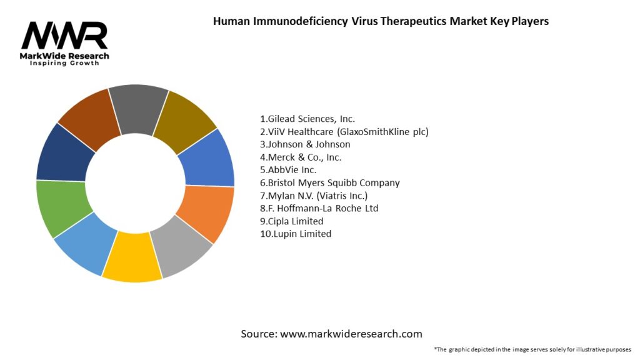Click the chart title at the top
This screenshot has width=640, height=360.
(381, 21)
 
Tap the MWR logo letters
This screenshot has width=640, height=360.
(64, 36)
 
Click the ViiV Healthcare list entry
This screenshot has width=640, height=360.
(344, 131)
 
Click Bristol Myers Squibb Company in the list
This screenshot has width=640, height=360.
(329, 182)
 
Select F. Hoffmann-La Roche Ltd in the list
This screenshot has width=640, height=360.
(319, 208)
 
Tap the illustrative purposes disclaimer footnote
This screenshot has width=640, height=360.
(532, 349)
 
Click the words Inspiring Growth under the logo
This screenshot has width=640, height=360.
(64, 64)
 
